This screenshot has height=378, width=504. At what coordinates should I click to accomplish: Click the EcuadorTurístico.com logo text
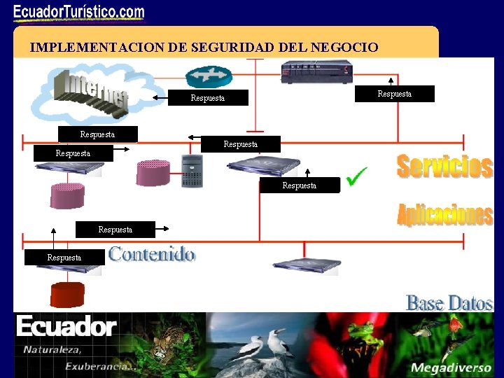[x=79, y=13]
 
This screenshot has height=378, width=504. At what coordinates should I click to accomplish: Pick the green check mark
[x=357, y=176]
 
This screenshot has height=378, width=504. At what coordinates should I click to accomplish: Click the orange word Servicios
[x=444, y=167]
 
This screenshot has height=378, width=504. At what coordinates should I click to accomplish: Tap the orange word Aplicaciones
[x=444, y=214]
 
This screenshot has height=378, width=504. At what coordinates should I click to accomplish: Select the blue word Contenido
[x=152, y=254]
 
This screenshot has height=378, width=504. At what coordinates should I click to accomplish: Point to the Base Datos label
[x=449, y=303]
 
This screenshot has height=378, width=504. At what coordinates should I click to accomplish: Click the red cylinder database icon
[x=67, y=295]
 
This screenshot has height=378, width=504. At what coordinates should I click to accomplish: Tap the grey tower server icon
[x=192, y=171]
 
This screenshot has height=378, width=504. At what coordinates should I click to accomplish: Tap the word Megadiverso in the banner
[x=445, y=367]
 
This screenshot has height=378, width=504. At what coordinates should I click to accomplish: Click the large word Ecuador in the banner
[x=66, y=327]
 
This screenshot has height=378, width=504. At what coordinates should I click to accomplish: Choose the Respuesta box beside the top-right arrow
[x=395, y=94]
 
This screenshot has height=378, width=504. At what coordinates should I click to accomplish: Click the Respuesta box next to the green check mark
[x=299, y=185]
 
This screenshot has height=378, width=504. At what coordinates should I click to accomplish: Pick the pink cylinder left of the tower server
[x=153, y=173]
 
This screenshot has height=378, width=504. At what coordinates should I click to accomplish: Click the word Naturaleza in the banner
[x=52, y=350]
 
